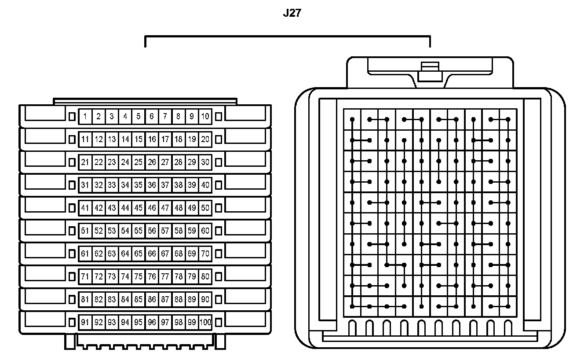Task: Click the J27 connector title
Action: click(x=292, y=13)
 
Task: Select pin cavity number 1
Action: click(x=85, y=117)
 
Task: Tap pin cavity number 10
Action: click(x=205, y=117)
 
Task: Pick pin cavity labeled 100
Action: click(x=205, y=323)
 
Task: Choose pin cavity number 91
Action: click(x=85, y=323)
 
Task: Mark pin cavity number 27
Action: click(x=165, y=162)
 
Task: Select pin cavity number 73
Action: click(x=112, y=277)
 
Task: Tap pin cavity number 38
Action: click(x=178, y=185)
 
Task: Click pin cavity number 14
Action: click(x=125, y=140)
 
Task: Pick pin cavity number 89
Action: click(x=192, y=300)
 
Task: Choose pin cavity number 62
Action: click(x=99, y=254)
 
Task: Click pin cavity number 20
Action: click(x=205, y=140)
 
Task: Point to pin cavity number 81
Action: click(x=85, y=300)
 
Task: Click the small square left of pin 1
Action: click(x=73, y=117)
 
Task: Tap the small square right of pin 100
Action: click(x=219, y=323)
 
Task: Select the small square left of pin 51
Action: click(x=73, y=231)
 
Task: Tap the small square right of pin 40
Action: click(x=219, y=185)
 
